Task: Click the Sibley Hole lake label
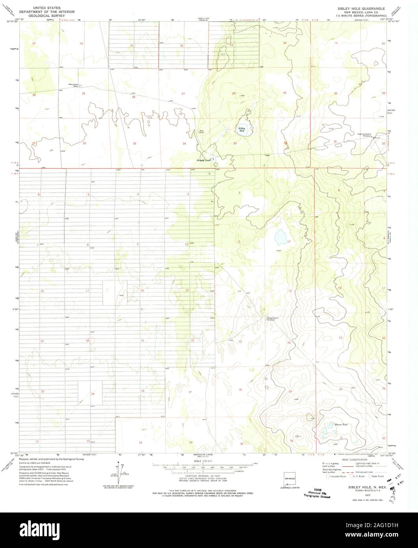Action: [242, 129]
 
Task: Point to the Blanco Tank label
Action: [329, 425]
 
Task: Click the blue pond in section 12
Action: [281, 237]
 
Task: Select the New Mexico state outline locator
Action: [290, 477]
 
